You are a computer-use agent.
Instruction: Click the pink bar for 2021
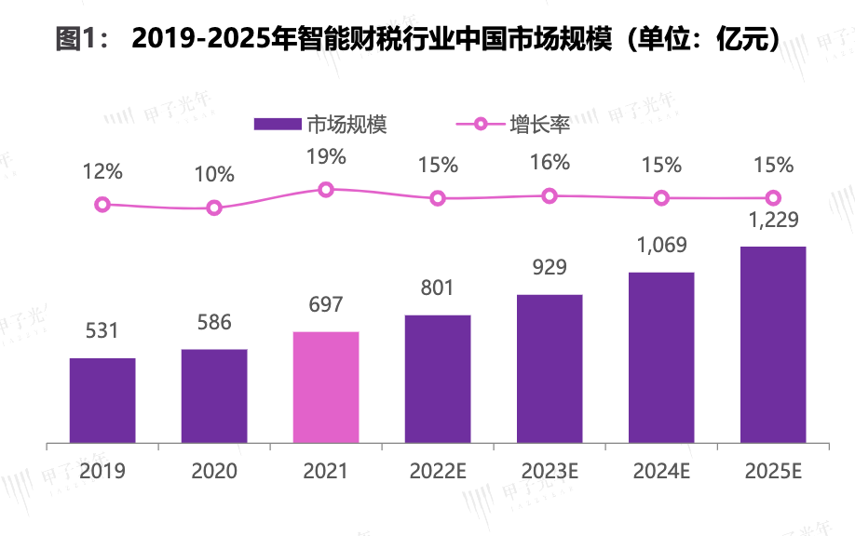tap(326, 386)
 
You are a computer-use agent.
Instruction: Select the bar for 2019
tap(102, 400)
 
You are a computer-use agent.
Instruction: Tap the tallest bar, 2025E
tap(773, 344)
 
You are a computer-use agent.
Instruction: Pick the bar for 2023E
tap(550, 368)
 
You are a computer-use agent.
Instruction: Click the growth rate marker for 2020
tap(214, 208)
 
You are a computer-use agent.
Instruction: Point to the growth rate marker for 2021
tap(326, 189)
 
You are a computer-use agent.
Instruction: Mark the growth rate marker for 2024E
tap(661, 197)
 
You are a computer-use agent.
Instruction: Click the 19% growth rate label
tap(326, 156)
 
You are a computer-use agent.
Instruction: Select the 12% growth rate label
tap(102, 171)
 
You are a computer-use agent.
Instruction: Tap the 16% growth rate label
tap(550, 162)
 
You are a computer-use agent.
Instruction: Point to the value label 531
tap(102, 331)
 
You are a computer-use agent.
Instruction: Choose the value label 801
tap(438, 288)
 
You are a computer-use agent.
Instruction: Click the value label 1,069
tap(661, 246)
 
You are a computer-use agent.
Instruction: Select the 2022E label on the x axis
tap(438, 471)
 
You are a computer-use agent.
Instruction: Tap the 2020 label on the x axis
tap(214, 471)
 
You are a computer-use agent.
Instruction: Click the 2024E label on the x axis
tap(661, 471)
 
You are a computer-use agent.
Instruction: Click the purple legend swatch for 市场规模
tap(278, 124)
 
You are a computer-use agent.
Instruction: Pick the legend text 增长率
tap(539, 124)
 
